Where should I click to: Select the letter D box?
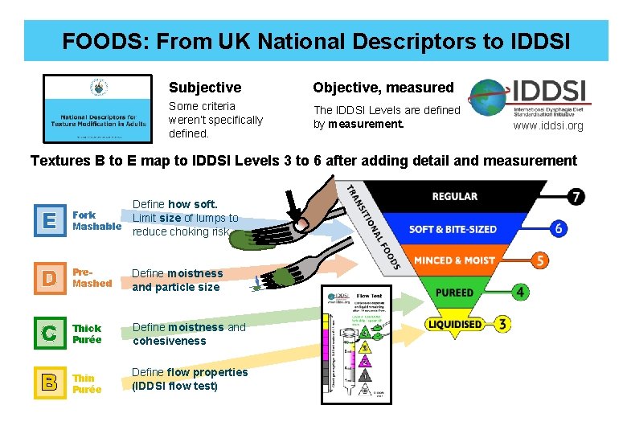pyautogui.click(x=51, y=278)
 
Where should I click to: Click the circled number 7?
pyautogui.click(x=576, y=196)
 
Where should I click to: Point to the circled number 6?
pyautogui.click(x=559, y=228)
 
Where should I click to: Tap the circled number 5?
pyautogui.click(x=540, y=260)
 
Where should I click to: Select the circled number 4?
pyautogui.click(x=522, y=293)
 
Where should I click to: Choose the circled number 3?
pyautogui.click(x=502, y=325)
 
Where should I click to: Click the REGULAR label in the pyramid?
pyautogui.click(x=455, y=196)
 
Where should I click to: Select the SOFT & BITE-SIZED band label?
pyautogui.click(x=453, y=228)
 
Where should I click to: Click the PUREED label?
pyautogui.click(x=454, y=293)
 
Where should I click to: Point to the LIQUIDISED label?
pyautogui.click(x=455, y=325)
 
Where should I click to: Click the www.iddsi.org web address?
pyautogui.click(x=548, y=126)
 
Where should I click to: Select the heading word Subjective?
pyautogui.click(x=204, y=88)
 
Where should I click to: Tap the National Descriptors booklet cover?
pyautogui.click(x=97, y=108)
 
